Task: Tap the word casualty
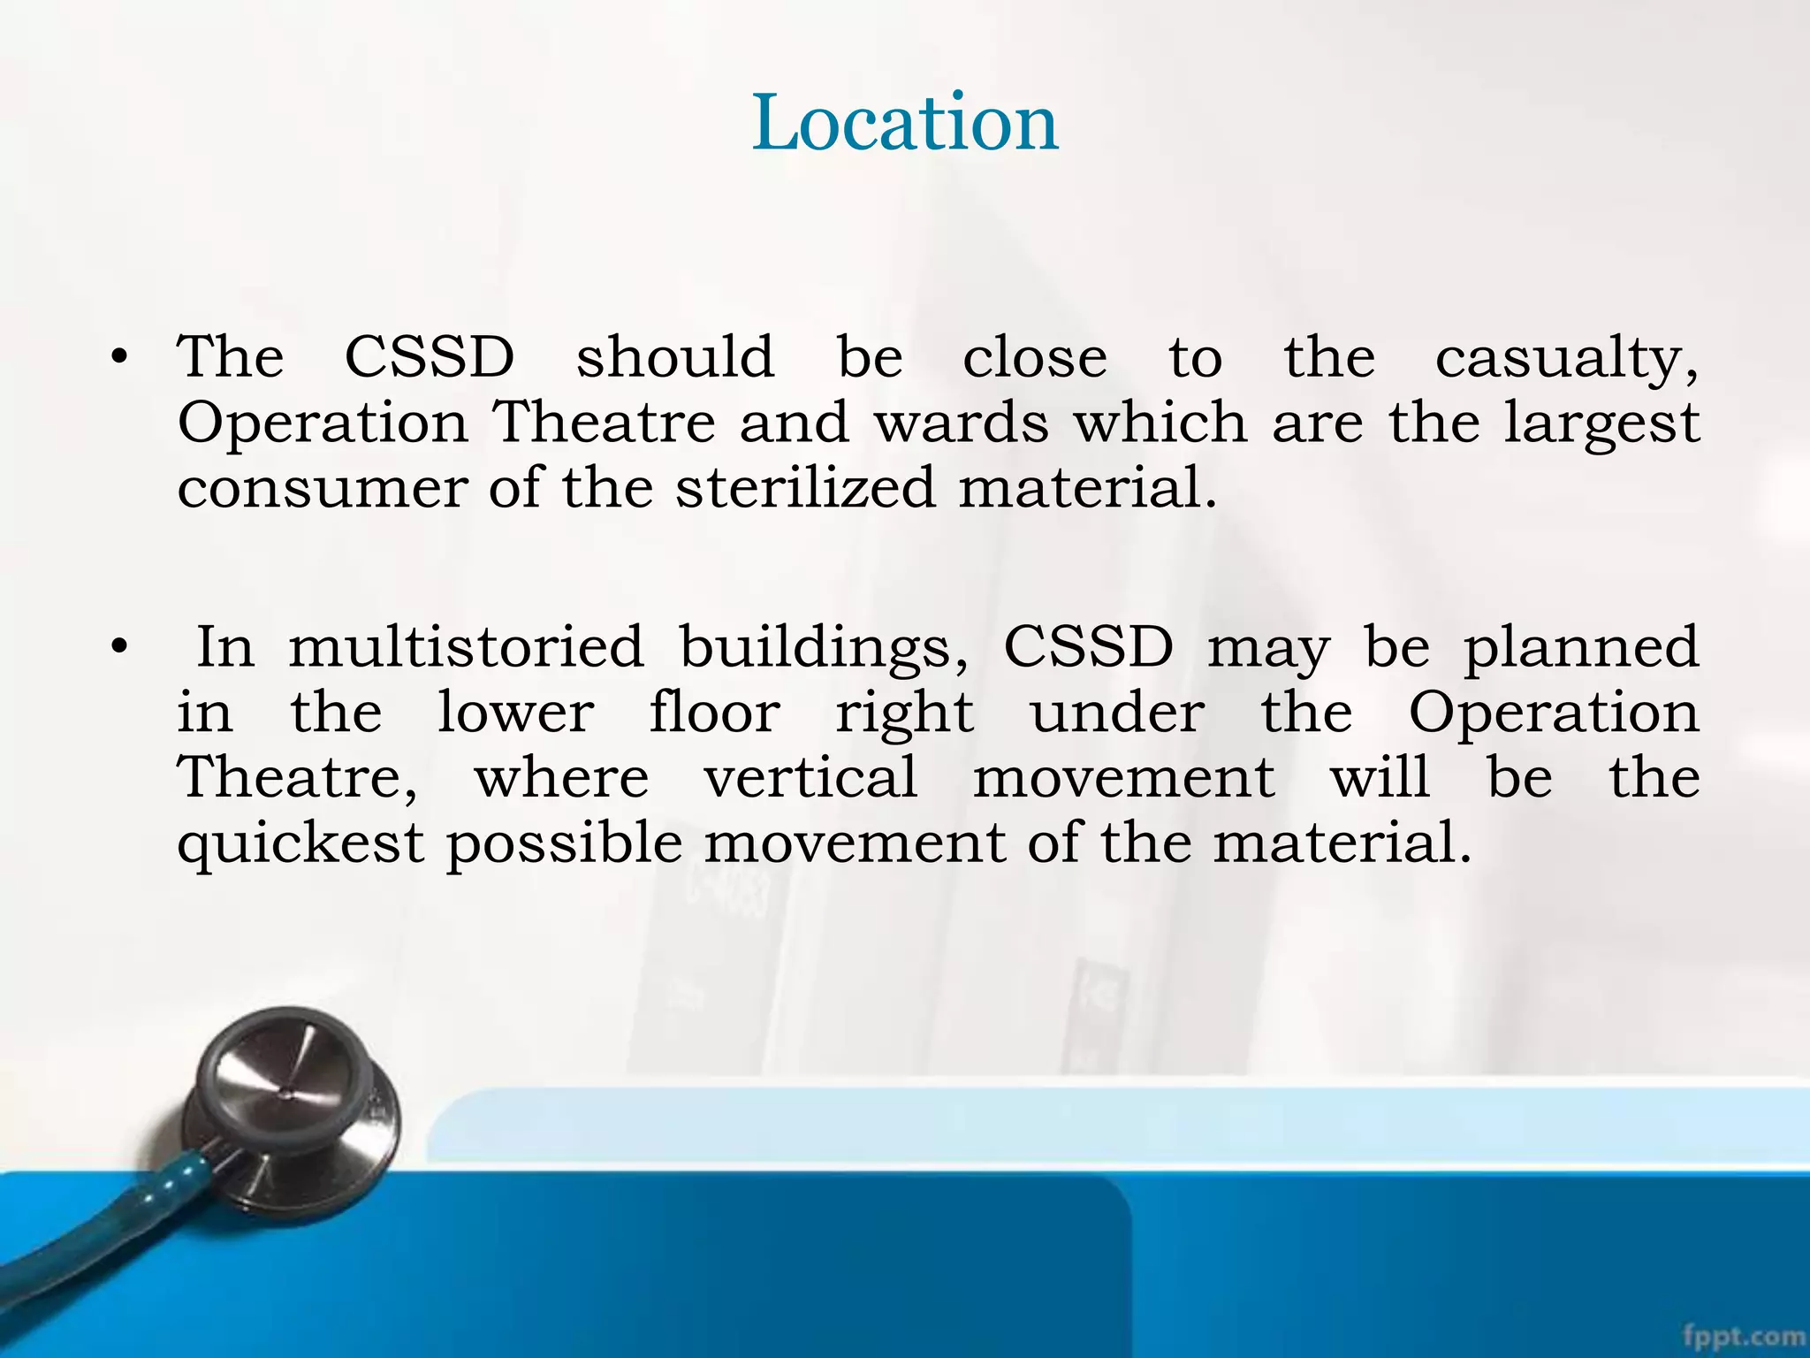pos(1565,358)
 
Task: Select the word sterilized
pos(805,488)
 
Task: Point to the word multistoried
pos(466,646)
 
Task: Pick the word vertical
pos(810,777)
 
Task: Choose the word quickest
pos(300,844)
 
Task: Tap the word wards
pos(962,423)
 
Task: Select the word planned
pos(1581,648)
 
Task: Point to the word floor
pos(714,712)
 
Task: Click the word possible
pos(564,844)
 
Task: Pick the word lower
pos(516,712)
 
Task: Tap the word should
pos(675,357)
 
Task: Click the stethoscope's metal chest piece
pos(292,1101)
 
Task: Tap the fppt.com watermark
pos(1745,1334)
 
